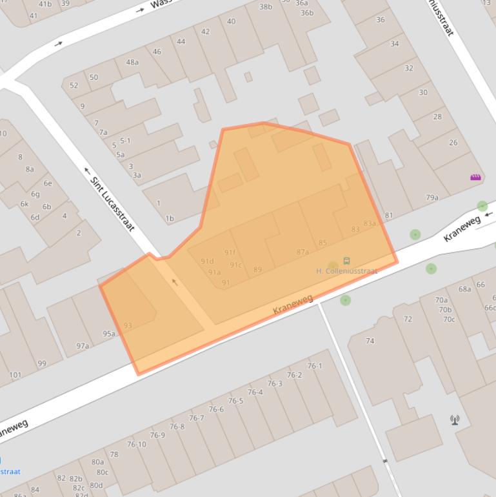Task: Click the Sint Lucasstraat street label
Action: click(113, 203)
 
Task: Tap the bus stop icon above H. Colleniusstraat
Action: click(347, 261)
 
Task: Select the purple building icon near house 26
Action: click(476, 177)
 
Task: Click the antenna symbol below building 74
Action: click(455, 420)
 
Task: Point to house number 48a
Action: click(132, 63)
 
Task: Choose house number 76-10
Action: click(136, 444)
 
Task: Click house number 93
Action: click(128, 326)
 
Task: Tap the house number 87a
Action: click(303, 252)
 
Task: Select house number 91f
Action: click(230, 252)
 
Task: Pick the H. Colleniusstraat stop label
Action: click(346, 271)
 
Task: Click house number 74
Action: click(370, 341)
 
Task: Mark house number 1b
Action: click(170, 219)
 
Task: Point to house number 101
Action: click(15, 375)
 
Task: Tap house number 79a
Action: click(432, 198)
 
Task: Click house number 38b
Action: click(266, 7)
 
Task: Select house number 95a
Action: click(109, 334)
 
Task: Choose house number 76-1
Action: click(314, 366)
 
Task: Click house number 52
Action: click(74, 85)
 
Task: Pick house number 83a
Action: click(370, 224)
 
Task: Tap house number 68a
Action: click(465, 289)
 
